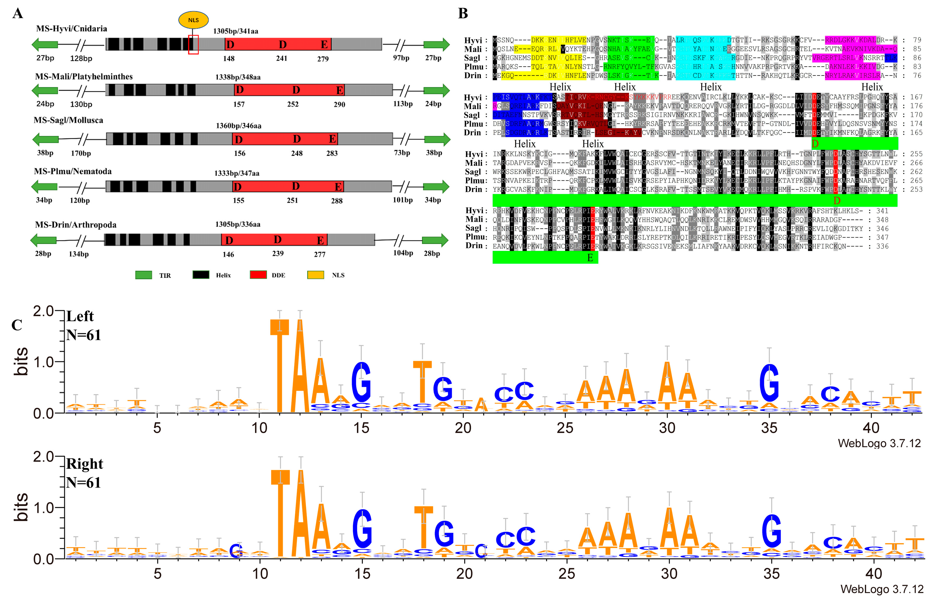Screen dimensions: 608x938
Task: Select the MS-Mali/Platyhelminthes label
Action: point(84,76)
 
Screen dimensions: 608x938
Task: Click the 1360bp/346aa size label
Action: point(239,126)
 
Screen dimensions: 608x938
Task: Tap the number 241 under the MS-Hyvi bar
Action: point(281,58)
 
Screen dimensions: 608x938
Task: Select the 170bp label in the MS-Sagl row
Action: point(81,153)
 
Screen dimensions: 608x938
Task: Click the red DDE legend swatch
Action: point(258,275)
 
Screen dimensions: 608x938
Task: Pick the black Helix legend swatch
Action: point(201,275)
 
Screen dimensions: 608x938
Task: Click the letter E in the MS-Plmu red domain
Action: point(338,186)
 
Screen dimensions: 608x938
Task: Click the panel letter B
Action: point(463,14)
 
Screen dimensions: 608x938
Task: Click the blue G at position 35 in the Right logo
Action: point(771,530)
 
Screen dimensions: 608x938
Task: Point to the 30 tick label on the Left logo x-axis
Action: point(667,428)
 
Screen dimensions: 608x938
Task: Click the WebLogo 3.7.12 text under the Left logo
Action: point(879,443)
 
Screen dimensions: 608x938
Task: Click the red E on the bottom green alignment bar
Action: point(590,258)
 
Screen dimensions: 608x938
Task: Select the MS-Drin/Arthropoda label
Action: point(76,224)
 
